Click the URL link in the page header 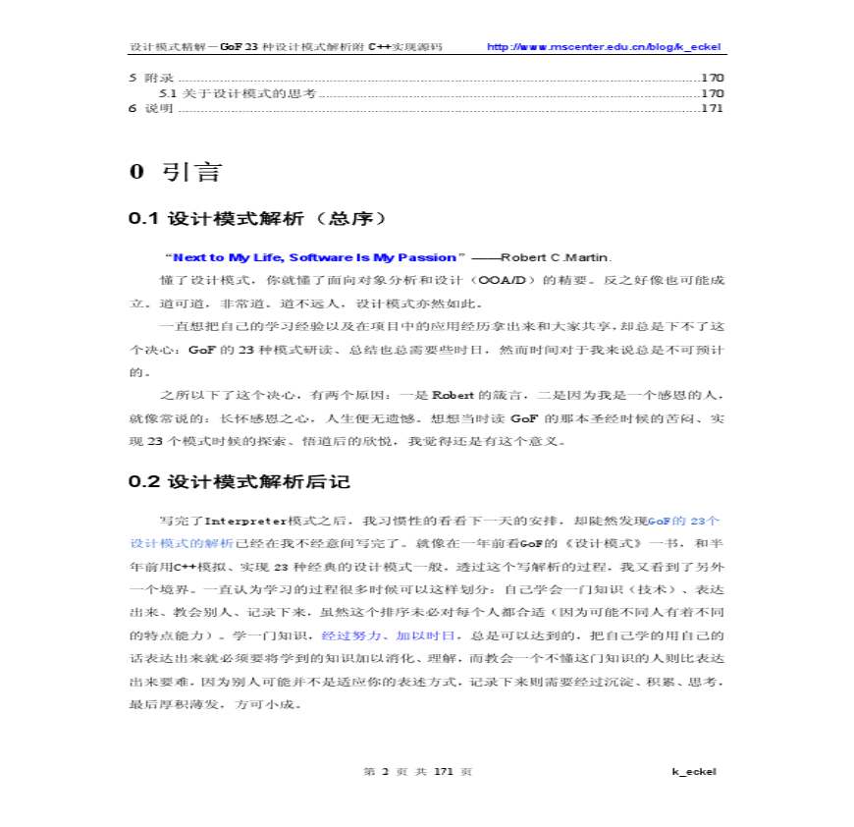click(x=605, y=47)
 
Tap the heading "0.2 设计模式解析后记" click(x=240, y=482)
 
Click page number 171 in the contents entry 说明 click(x=712, y=108)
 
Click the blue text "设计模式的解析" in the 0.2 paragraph click(x=181, y=542)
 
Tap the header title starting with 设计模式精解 click(x=287, y=47)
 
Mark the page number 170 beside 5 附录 click(x=712, y=78)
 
